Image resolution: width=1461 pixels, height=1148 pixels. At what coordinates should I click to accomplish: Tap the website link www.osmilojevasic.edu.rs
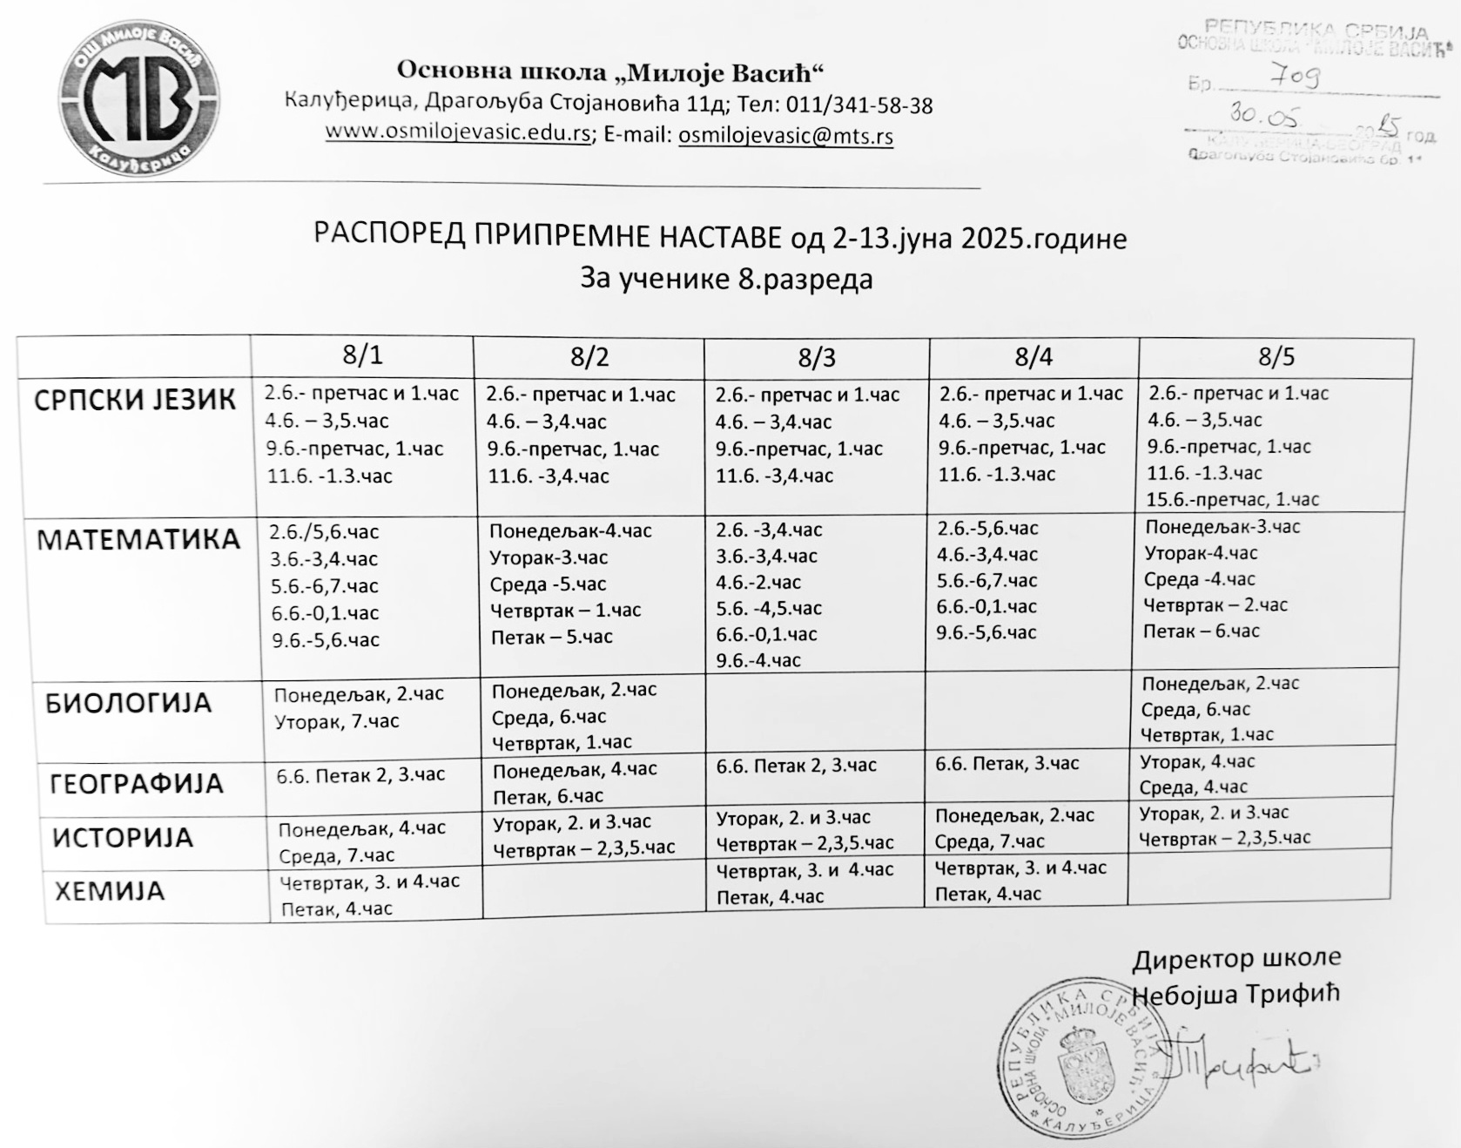pos(458,133)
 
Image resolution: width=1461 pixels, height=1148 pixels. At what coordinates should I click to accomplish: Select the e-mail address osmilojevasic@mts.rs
pos(785,136)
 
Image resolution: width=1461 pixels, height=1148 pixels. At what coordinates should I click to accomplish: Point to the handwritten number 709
pos(1296,78)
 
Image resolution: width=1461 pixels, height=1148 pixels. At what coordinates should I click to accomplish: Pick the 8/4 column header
pos(1033,356)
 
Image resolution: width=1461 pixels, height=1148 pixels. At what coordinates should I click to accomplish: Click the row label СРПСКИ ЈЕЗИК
pos(135,400)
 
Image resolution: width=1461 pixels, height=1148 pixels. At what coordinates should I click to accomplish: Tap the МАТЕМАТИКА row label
pos(138,540)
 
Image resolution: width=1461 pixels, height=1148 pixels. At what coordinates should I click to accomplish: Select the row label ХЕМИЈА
pos(110,892)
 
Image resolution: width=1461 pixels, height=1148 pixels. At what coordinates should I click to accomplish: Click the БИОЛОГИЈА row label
pos(128,703)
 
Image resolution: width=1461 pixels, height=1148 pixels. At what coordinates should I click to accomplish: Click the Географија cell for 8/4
pos(1007,764)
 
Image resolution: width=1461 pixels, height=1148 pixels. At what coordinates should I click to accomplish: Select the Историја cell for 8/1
pos(362,841)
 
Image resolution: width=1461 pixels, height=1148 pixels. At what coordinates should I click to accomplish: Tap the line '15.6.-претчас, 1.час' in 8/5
pos(1232,500)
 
